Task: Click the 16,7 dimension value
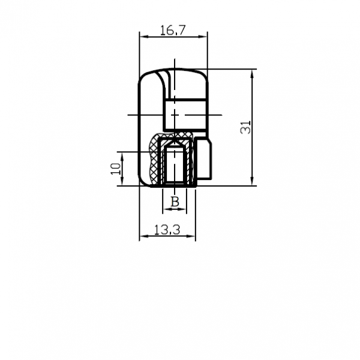[x=172, y=31]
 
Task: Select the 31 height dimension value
[x=245, y=127]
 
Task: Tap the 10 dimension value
[x=115, y=169]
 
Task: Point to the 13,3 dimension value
[x=167, y=230]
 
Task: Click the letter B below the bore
[x=175, y=202]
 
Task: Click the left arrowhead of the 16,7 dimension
[x=144, y=37]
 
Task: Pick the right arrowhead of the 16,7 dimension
[x=203, y=37]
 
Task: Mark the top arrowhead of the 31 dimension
[x=252, y=74]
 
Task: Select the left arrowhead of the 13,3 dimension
[x=144, y=236]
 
